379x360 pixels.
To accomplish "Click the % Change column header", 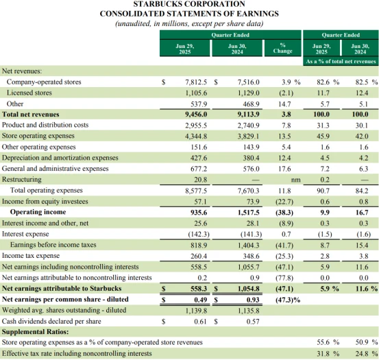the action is point(283,48).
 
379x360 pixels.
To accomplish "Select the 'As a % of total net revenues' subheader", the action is point(341,62).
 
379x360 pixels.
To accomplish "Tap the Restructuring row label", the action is point(22,180).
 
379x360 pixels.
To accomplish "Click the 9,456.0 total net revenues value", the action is point(196,115).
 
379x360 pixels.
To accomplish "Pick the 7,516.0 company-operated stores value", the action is point(249,82).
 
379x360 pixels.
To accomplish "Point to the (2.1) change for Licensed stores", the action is point(286,93).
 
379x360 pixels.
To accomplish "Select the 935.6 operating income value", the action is point(199,213).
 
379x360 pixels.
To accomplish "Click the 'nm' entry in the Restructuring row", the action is point(296,180).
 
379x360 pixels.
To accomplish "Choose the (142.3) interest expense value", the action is point(199,235).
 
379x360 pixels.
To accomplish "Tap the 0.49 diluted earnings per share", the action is point(201,300).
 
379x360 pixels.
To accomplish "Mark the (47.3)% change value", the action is point(288,300).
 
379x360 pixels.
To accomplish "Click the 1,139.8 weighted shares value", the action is point(196,311).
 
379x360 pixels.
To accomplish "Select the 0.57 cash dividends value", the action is point(253,322).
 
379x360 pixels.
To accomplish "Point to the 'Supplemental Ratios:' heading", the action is point(35,332).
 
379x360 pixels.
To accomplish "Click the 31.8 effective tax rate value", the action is point(323,354).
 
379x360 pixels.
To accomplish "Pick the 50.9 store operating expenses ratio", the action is point(362,343).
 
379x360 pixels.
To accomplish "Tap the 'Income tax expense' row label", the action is point(31,256).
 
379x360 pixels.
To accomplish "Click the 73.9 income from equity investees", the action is point(253,202).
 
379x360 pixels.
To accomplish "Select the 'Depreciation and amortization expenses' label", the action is point(60,158).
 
